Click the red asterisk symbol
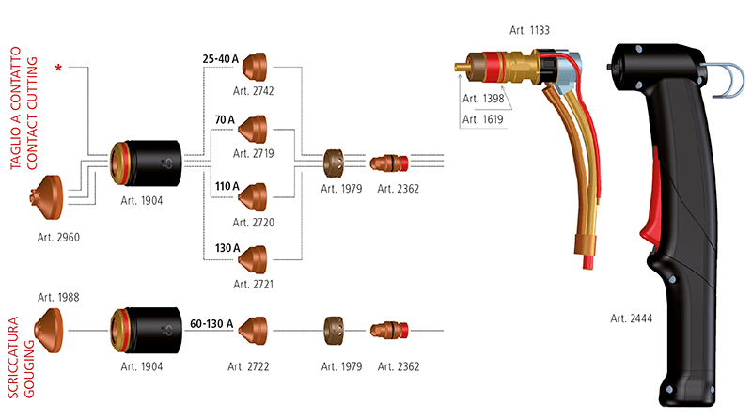[61, 68]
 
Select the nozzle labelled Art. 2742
[255, 66]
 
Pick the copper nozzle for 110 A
[254, 197]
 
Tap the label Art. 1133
[528, 31]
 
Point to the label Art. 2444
[632, 318]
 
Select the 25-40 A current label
[222, 58]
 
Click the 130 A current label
[227, 248]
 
